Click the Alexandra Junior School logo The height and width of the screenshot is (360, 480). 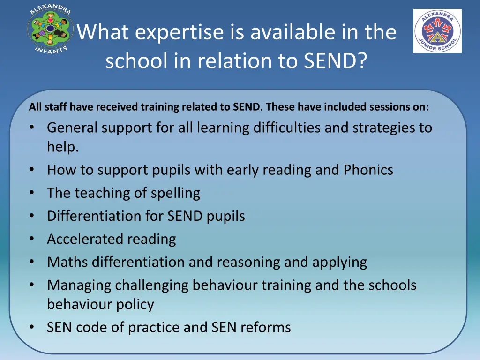click(x=437, y=31)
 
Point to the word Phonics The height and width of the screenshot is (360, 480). click(x=368, y=170)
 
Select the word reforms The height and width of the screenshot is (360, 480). click(x=266, y=327)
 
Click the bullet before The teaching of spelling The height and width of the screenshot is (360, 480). click(x=31, y=193)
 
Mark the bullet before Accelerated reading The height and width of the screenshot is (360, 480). click(x=31, y=239)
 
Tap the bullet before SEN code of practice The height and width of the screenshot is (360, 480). click(x=31, y=327)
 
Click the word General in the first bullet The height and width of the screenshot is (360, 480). click(x=72, y=127)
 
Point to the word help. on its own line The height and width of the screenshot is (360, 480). click(x=63, y=147)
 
